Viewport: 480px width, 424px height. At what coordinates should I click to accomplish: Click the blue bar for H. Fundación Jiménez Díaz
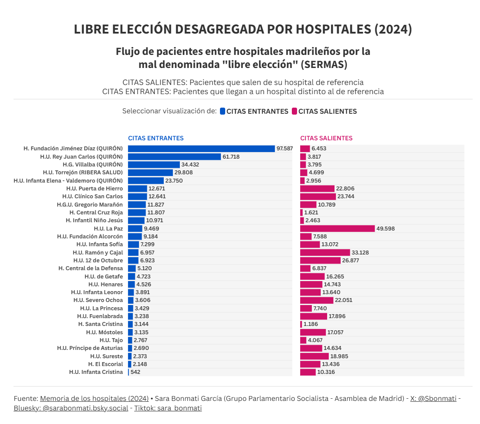click(201, 149)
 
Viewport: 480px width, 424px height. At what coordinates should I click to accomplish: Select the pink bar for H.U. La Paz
click(337, 229)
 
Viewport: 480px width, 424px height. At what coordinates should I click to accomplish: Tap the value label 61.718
click(231, 157)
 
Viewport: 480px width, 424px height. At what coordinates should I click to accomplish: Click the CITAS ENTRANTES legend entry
click(254, 112)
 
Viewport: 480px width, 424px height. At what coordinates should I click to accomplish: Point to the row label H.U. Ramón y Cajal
click(98, 253)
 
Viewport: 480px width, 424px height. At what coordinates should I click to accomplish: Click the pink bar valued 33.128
click(325, 253)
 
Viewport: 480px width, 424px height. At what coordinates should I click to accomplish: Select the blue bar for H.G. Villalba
click(154, 165)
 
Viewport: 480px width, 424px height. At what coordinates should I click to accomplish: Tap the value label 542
click(135, 373)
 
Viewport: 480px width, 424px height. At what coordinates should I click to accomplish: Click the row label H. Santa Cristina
click(100, 324)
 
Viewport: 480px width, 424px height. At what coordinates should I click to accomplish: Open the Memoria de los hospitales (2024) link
click(94, 398)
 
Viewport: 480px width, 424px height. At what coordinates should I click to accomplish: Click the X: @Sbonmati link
click(433, 398)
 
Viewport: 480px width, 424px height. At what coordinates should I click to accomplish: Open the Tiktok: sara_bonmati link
click(168, 408)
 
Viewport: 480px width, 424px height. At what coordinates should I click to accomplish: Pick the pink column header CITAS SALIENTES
click(326, 138)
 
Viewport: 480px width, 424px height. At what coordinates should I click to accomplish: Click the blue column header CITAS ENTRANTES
click(155, 138)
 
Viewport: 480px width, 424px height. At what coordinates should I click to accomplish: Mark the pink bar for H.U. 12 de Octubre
click(320, 261)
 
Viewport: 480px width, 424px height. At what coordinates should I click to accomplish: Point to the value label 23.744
click(346, 197)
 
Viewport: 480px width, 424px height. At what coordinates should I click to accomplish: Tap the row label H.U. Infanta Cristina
click(96, 372)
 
